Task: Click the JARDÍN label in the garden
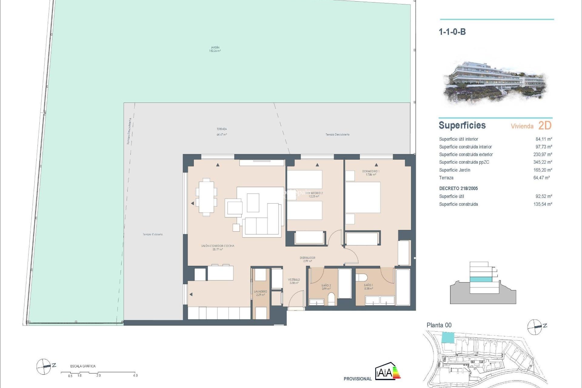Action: point(215,49)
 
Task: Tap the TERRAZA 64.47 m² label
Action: point(222,132)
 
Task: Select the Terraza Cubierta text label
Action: point(152,234)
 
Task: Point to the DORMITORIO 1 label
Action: point(370,173)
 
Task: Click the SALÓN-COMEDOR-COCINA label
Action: point(218,247)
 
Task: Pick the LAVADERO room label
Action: point(260,293)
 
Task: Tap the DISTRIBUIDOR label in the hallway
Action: point(307,259)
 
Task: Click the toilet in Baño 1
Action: point(362,277)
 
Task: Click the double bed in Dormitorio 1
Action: point(363,197)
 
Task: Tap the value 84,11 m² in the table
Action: point(544,139)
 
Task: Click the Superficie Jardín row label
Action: point(454,170)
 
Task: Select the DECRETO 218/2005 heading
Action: point(458,189)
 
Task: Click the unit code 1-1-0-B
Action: point(452,32)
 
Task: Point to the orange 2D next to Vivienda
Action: point(545,125)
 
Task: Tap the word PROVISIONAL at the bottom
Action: point(357,379)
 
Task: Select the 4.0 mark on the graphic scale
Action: point(135,375)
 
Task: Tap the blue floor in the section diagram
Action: point(481,279)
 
